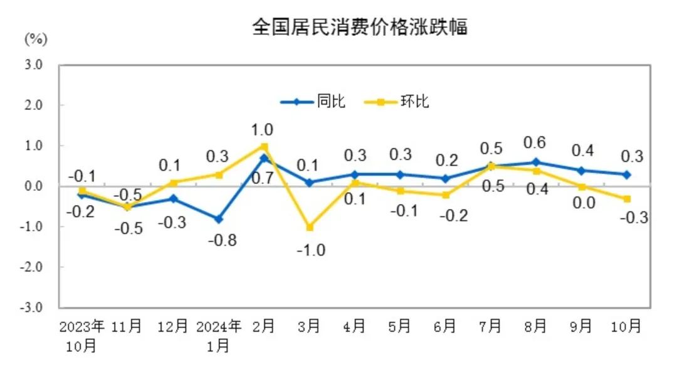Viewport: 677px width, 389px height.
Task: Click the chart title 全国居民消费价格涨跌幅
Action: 359,27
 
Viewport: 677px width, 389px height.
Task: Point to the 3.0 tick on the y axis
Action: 33,65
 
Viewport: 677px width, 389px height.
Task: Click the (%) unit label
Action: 36,39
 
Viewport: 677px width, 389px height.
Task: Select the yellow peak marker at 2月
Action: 265,146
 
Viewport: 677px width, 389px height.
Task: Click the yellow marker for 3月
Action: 310,227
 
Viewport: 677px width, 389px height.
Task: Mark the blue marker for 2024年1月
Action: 219,219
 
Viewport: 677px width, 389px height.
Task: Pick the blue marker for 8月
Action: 536,162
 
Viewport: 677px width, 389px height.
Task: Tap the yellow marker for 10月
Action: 626,199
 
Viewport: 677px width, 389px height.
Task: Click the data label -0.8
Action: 223,240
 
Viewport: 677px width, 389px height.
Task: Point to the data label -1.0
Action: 311,250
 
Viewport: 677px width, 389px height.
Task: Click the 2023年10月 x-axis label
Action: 81,336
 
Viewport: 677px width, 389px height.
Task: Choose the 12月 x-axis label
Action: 172,327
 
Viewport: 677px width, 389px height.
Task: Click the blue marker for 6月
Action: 445,178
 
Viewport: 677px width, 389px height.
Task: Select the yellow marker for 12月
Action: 173,183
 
